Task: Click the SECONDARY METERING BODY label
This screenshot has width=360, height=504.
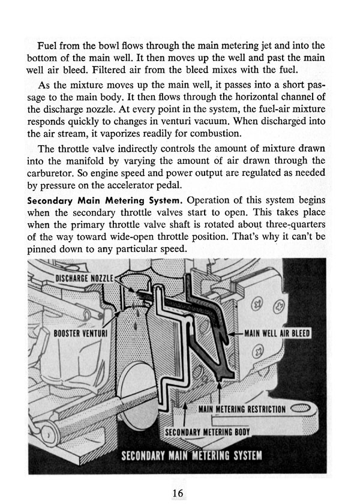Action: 206,431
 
